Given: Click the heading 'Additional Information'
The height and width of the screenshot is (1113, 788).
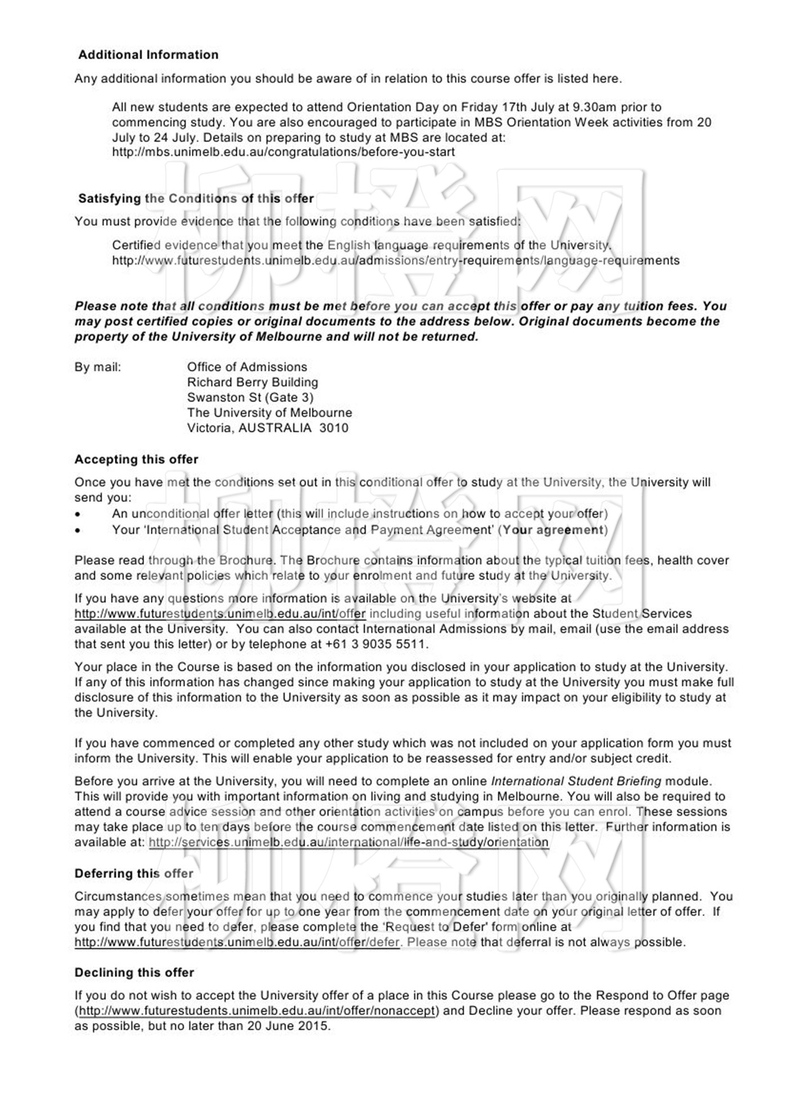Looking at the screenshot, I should tap(148, 55).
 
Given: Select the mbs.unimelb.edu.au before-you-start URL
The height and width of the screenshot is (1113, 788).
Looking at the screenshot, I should tap(283, 152).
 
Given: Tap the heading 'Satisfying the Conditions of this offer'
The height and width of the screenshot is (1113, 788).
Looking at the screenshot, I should tap(196, 198).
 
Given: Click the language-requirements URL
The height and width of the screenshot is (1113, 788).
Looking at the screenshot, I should tap(395, 261).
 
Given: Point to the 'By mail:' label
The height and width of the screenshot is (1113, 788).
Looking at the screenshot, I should tap(97, 367).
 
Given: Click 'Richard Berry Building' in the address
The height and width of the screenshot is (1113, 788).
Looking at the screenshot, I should tap(252, 382).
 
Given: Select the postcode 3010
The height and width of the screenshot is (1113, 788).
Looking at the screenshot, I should tap(334, 428).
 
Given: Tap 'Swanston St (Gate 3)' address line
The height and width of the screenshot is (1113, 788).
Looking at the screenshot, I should tap(250, 397).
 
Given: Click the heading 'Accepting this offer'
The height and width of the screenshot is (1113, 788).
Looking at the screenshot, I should tap(136, 459).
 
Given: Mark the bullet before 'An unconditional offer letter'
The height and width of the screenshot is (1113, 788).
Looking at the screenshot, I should tap(78, 514).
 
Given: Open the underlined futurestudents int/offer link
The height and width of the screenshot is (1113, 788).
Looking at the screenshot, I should tap(220, 614).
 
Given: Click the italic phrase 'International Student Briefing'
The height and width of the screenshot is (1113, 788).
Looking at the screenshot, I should tap(576, 781).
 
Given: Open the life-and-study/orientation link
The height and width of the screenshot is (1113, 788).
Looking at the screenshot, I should tap(348, 842).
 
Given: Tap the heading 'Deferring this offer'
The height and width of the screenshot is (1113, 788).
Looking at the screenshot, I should tap(133, 873).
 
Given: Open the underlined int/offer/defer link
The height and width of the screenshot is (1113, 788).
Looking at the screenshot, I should tap(237, 942).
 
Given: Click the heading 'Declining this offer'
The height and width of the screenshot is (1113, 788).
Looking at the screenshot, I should tap(134, 972).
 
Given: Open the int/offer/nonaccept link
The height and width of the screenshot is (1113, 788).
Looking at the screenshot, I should tap(257, 1010).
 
